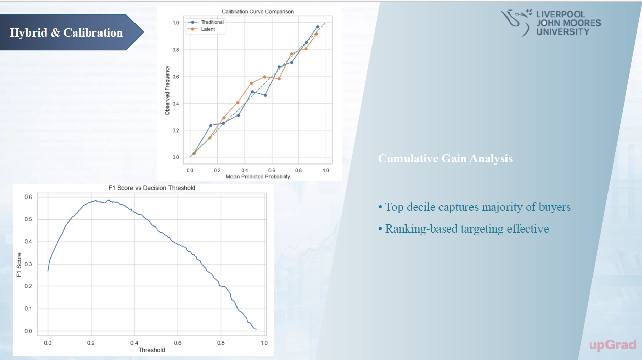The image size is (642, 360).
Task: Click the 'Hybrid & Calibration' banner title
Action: pos(66,33)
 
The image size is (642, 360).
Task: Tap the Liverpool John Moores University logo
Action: pos(551,23)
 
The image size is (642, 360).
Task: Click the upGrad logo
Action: pos(613,345)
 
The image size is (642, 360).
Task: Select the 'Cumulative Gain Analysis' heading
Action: pos(445,159)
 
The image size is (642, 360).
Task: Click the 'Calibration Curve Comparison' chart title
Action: pos(258,11)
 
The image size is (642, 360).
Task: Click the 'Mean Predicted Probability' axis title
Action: pos(258,177)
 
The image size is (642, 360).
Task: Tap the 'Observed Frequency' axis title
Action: pos(168,90)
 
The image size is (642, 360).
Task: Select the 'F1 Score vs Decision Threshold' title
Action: pos(152,188)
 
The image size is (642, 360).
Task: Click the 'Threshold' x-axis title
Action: pos(152,350)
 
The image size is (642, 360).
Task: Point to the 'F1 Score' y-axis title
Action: pos(19,264)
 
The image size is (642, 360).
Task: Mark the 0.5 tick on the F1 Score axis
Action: pos(29,219)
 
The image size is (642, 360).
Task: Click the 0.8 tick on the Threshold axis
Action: pos(221,343)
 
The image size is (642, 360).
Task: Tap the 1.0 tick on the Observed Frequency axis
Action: pos(176,23)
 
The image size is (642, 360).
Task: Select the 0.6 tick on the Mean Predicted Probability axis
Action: pos(272,170)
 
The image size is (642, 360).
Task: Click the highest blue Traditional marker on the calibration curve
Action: pos(318,27)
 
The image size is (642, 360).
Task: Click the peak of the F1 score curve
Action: pos(109,200)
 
